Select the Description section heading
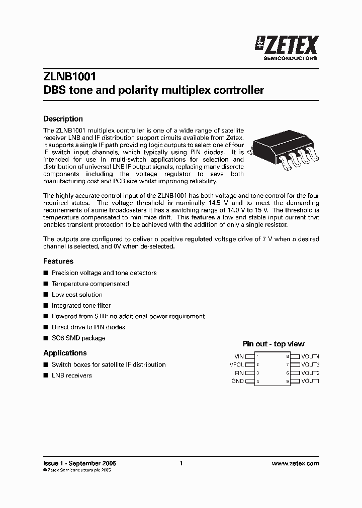pyautogui.click(x=63, y=119)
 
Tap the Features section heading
pyautogui.click(x=58, y=261)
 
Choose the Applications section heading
pyautogui.click(x=65, y=353)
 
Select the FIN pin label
pyautogui.click(x=239, y=373)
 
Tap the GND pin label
pyautogui.click(x=237, y=381)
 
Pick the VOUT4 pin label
pyautogui.click(x=310, y=356)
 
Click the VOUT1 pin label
pyautogui.click(x=310, y=381)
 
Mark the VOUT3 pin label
pyautogui.click(x=310, y=364)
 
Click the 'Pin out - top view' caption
pyautogui.click(x=274, y=344)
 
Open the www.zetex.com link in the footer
pyautogui.click(x=295, y=464)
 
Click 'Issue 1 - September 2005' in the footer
pyautogui.click(x=79, y=464)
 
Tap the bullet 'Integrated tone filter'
pyautogui.click(x=81, y=305)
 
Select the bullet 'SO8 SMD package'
pyautogui.click(x=78, y=338)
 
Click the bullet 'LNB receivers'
pyautogui.click(x=71, y=375)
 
